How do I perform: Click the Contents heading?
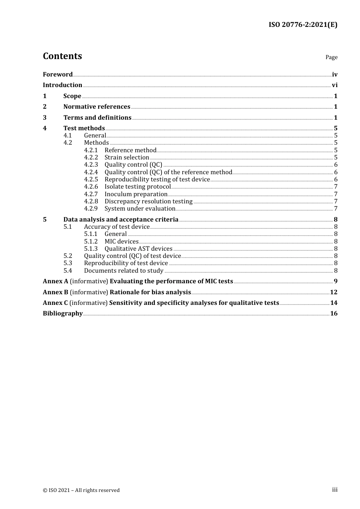point(62,56)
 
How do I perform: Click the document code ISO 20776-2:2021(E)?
point(303,25)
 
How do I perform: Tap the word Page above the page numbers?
point(331,57)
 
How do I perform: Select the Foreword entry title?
point(58,75)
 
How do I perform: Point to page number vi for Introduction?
point(335,85)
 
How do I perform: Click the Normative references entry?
point(97,107)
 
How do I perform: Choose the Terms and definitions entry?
point(97,118)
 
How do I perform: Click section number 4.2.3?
point(91,165)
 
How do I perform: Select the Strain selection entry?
point(127,158)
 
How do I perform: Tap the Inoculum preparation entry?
point(136,194)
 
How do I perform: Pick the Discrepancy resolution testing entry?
point(148,201)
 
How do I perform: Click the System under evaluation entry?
point(140,209)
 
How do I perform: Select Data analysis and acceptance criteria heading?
point(121,220)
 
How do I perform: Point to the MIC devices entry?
point(121,242)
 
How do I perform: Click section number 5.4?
point(68,271)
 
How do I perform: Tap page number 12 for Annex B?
point(333,292)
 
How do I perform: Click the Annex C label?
point(55,303)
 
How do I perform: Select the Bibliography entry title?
point(63,314)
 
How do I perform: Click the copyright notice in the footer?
point(81,490)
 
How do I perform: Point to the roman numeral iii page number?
point(335,490)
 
